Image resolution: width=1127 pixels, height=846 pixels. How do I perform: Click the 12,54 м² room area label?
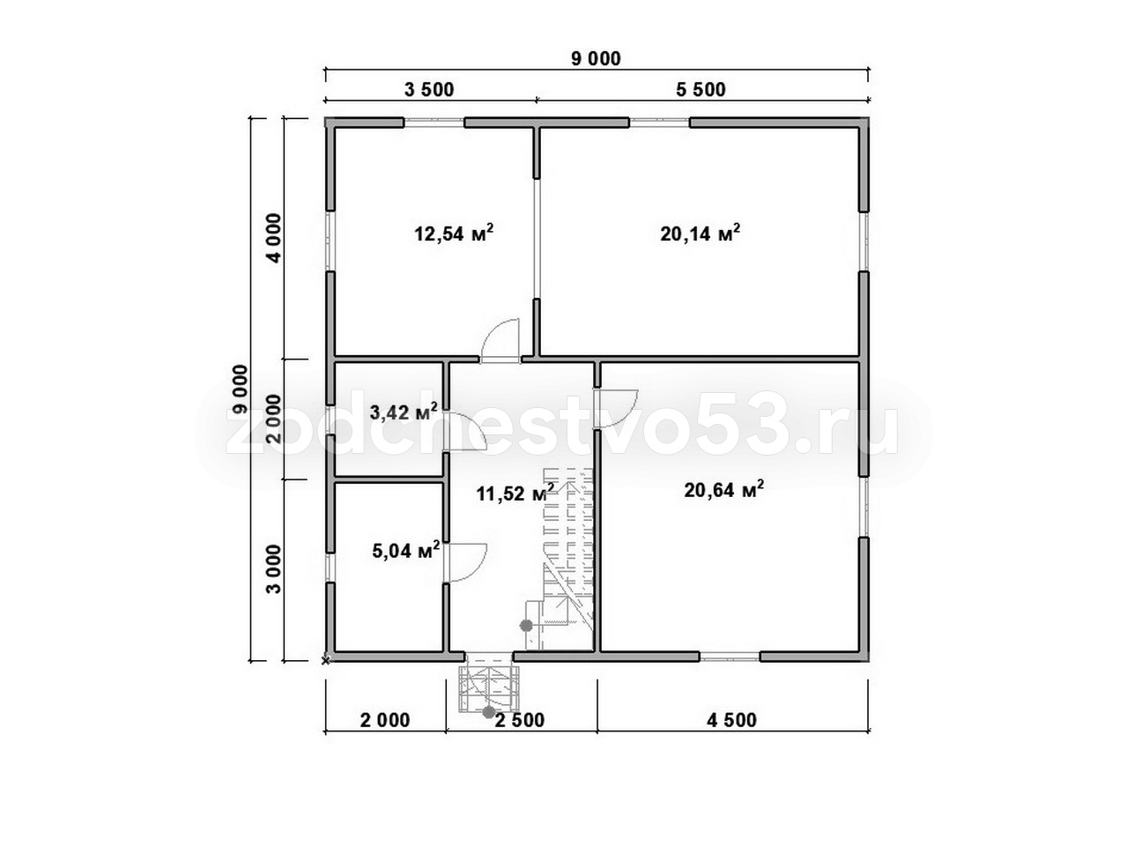click(454, 234)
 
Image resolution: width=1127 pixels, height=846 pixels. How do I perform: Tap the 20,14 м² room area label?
click(700, 234)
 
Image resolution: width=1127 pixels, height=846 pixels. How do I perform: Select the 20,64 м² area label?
click(724, 490)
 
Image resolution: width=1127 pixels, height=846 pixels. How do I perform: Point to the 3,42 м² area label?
click(404, 412)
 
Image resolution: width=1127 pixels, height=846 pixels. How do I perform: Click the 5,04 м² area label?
click(405, 551)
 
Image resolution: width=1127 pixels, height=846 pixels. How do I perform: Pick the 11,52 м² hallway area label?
click(515, 493)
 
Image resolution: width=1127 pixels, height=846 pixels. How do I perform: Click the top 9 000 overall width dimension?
click(597, 59)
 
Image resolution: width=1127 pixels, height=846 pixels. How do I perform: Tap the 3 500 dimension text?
click(429, 90)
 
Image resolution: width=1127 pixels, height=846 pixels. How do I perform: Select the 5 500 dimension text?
click(701, 90)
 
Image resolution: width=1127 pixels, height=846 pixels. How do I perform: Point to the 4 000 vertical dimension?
click(274, 238)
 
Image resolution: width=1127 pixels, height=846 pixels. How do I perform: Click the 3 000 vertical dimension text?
click(274, 568)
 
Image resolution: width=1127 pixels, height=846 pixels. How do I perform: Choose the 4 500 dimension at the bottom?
click(731, 720)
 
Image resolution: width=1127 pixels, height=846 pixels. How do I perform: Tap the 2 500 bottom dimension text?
click(519, 720)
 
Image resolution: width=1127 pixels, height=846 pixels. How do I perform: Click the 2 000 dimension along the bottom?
click(385, 720)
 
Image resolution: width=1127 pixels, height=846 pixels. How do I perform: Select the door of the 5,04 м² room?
click(464, 561)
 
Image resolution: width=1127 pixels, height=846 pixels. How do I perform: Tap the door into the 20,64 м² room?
click(615, 409)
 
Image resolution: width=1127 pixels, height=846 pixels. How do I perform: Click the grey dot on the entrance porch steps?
click(489, 713)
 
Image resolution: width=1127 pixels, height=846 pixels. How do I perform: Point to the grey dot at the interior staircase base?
click(526, 626)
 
